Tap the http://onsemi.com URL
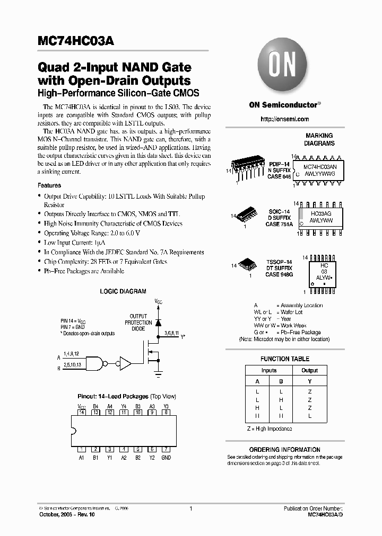[x=284, y=119]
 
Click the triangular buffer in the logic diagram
[x=125, y=363]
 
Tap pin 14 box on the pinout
[x=81, y=412]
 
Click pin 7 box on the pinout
[x=166, y=449]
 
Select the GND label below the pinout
[x=166, y=457]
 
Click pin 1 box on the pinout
[x=81, y=449]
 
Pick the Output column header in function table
[x=309, y=371]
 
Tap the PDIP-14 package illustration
[x=247, y=168]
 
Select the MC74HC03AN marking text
[x=324, y=166]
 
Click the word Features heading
[x=49, y=185]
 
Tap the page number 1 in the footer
[x=190, y=508]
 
